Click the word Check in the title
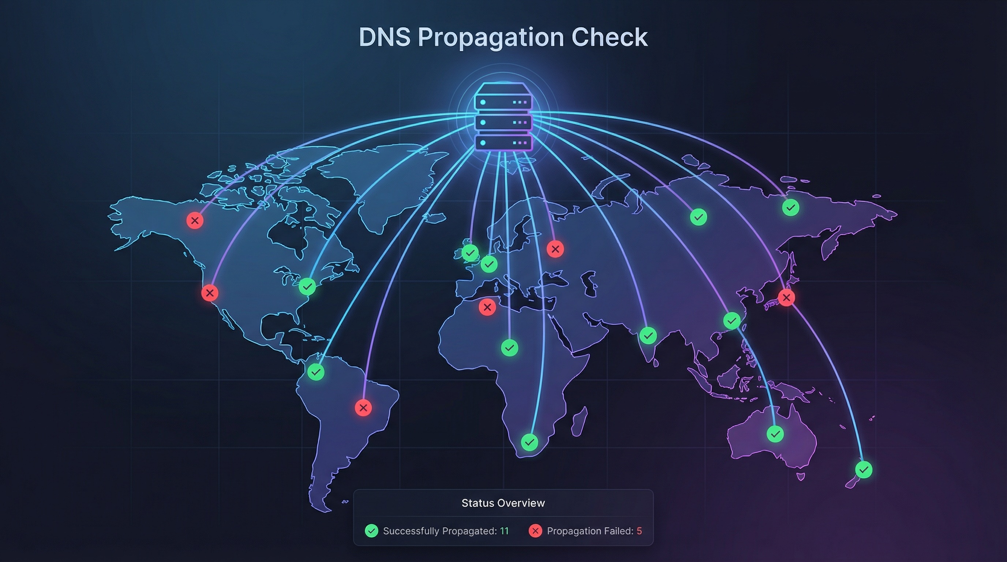coord(610,38)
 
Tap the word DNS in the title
coord(385,38)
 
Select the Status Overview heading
coord(503,503)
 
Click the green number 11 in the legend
coord(504,531)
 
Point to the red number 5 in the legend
coord(639,531)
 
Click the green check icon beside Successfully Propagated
coord(371,531)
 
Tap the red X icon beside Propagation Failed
coord(535,531)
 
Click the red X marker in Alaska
coord(195,220)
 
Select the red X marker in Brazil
coord(363,408)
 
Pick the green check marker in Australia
coord(775,434)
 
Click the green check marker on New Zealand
coord(864,469)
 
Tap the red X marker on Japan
coord(786,298)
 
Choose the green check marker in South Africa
coord(529,442)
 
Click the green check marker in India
coord(648,335)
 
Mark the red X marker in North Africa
coord(487,307)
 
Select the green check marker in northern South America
coord(315,372)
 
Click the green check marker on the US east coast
coord(307,286)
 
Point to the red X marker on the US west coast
coord(210,293)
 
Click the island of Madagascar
coord(579,421)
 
